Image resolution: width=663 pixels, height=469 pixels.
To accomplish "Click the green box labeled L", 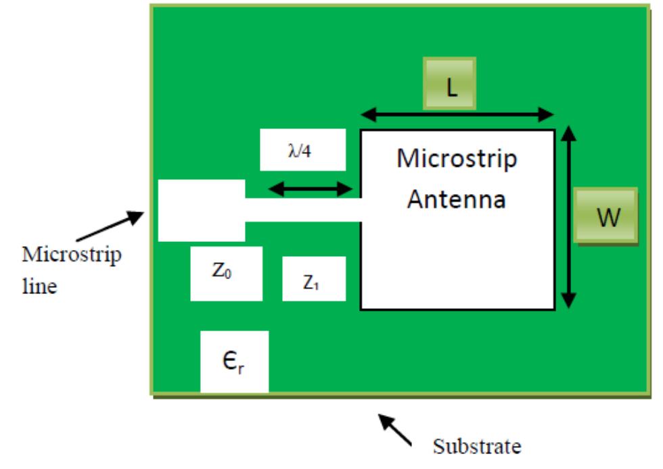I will click(450, 84).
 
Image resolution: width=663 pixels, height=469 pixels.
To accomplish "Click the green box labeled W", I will click(605, 216).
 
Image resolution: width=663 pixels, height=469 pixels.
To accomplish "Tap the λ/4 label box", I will click(302, 149).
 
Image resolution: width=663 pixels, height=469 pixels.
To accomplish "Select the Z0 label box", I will click(225, 274).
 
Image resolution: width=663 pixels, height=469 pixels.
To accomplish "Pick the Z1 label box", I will click(314, 278).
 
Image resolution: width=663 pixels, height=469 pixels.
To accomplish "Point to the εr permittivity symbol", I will click(234, 362).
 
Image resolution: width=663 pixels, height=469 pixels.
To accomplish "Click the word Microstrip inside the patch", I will click(457, 159).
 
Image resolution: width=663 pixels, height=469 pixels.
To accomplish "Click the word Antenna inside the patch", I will click(457, 200).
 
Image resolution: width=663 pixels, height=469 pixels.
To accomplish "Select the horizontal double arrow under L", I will click(457, 115).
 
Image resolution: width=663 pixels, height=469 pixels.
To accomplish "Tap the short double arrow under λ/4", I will click(307, 190).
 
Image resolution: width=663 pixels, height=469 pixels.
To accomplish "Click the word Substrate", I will click(477, 447).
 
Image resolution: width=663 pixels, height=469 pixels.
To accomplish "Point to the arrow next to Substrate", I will click(395, 429).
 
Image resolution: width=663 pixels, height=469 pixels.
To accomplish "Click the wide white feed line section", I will click(201, 210).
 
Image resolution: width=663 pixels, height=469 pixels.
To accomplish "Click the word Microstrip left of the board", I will click(72, 257).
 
